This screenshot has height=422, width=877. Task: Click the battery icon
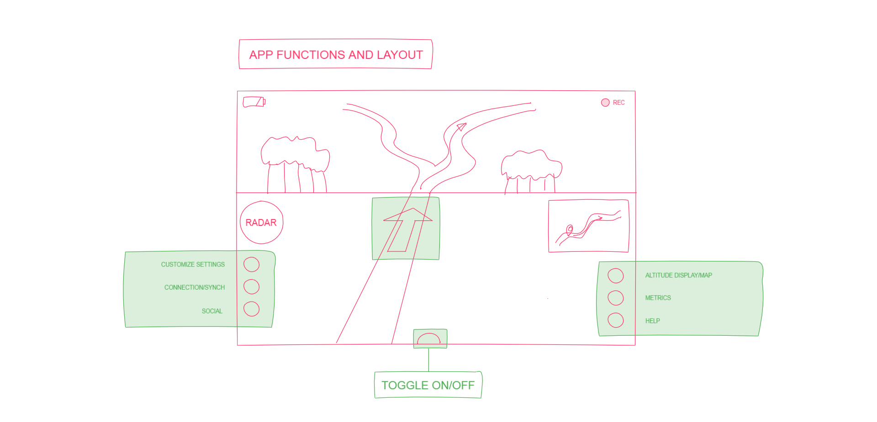click(x=254, y=102)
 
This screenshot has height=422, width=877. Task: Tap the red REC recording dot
click(x=605, y=103)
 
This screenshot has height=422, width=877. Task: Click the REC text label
click(x=619, y=103)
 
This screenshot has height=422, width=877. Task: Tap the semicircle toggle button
click(x=428, y=334)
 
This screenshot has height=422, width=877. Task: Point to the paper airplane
click(x=462, y=127)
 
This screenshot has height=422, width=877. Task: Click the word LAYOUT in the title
click(x=400, y=55)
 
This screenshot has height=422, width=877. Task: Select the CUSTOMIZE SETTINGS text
click(x=193, y=265)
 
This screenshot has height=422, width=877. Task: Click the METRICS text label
click(x=658, y=298)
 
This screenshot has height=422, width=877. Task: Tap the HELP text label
click(x=652, y=321)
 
